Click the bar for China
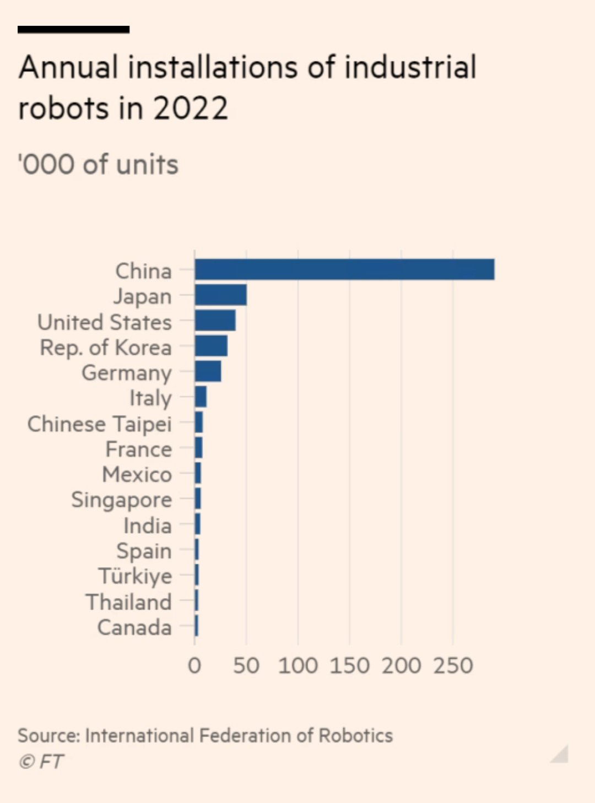pos(344,270)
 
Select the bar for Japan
pos(220,295)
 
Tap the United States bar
pos(215,321)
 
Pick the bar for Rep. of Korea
pos(211,346)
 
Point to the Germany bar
pos(208,372)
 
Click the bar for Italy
pos(201,397)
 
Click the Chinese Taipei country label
pos(100,424)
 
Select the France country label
pos(139,449)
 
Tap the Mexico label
pos(137,475)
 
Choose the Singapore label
pos(122,500)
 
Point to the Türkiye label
pos(136,576)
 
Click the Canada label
pos(134,627)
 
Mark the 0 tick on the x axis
pos(194,666)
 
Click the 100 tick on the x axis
pos(298,666)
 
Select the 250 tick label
pos(453,666)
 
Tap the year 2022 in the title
pos(191,108)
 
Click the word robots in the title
pos(64,108)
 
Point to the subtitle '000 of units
pos(98,165)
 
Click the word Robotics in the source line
pos(356,736)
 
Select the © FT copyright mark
pos(41,762)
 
